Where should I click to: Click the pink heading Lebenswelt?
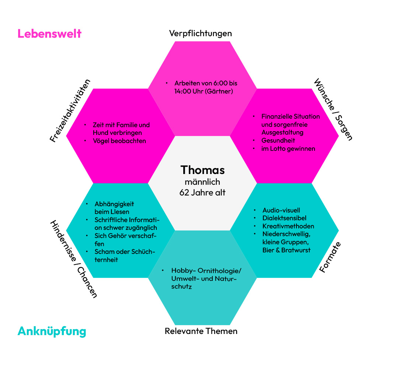(49, 34)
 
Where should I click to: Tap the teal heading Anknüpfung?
(52, 331)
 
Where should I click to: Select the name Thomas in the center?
(202, 170)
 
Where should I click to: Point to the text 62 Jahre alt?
(202, 192)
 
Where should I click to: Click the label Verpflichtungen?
(201, 33)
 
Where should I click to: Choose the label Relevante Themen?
(201, 331)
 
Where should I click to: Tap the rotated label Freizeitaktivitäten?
(70, 110)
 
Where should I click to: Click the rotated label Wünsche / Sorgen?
(333, 109)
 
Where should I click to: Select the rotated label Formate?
(330, 257)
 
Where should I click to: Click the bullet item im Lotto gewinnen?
(288, 149)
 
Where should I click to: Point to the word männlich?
(202, 182)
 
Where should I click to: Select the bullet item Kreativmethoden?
(288, 226)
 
